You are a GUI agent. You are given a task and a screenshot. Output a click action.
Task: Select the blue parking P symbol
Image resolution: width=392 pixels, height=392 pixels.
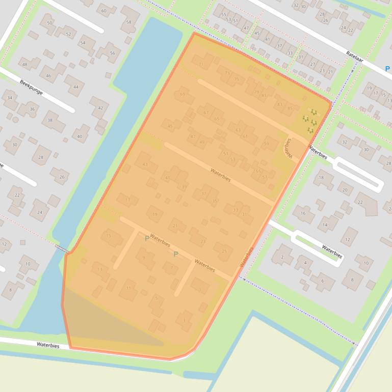click(x=387, y=69)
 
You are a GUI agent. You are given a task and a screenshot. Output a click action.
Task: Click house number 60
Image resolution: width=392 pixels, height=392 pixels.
click(x=104, y=11)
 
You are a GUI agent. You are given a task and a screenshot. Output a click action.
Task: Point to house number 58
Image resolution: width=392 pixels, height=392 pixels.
click(x=129, y=22)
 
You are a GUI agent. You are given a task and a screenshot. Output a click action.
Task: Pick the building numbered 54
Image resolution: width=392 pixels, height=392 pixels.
click(x=83, y=43)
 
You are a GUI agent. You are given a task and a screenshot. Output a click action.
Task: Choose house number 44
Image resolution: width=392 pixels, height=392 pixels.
click(x=75, y=87)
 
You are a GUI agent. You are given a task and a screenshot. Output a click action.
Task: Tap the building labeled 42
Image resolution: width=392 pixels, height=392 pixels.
click(x=100, y=108)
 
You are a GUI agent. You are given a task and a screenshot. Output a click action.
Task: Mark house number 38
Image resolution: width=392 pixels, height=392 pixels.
click(x=50, y=121)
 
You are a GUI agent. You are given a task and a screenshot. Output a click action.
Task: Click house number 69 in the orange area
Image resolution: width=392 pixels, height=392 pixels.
click(x=182, y=95)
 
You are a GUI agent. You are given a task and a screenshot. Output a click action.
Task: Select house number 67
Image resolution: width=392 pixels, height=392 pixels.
click(x=206, y=113)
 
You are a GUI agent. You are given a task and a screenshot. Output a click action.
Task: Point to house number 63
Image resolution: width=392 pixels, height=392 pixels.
click(x=238, y=130)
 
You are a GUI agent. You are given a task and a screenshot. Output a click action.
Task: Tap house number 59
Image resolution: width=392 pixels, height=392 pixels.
click(x=266, y=144)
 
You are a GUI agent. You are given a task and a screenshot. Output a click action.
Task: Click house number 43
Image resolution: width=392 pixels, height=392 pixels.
click(x=145, y=164)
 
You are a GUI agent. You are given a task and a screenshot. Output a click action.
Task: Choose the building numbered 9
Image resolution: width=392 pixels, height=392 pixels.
click(x=144, y=258)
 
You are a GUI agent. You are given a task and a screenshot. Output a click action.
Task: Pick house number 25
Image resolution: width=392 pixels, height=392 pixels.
click(x=224, y=251)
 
